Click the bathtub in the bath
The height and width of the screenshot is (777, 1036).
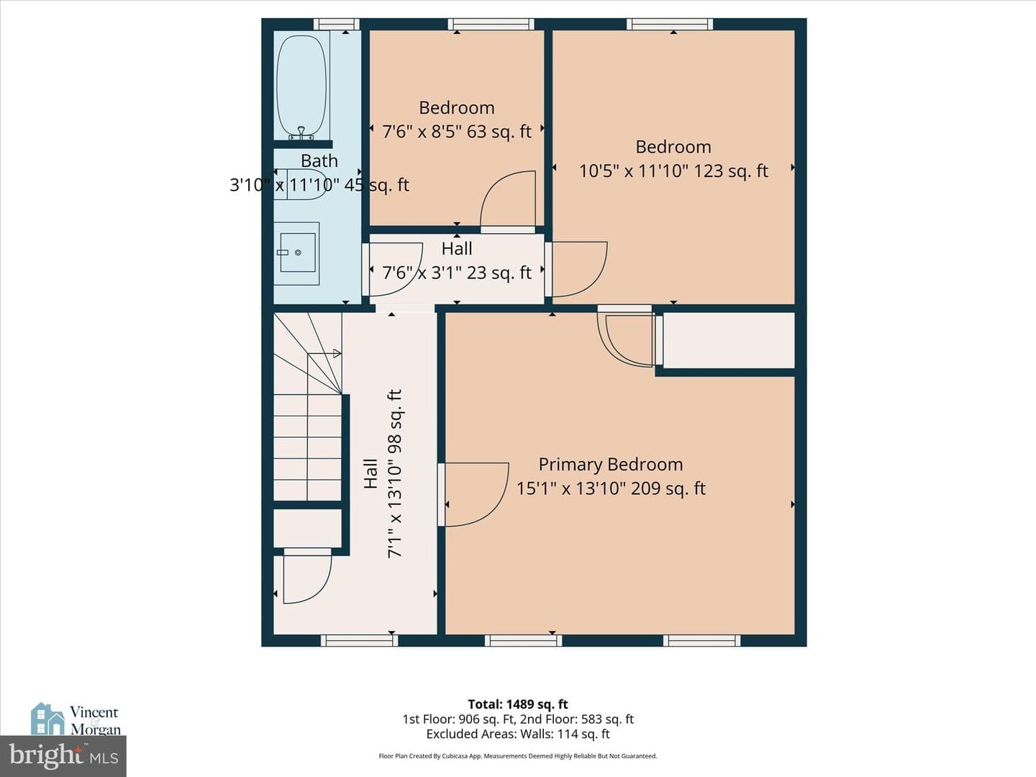(301, 86)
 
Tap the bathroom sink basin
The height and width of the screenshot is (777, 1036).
(297, 253)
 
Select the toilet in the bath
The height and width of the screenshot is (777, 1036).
(300, 184)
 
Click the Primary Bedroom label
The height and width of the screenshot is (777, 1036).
(611, 465)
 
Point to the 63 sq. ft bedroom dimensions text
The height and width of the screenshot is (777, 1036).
(457, 132)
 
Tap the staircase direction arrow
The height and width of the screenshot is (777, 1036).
(324, 353)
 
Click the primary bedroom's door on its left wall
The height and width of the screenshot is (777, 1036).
(473, 494)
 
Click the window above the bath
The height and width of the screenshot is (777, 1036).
(337, 24)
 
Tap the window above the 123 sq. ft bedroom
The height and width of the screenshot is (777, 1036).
(670, 24)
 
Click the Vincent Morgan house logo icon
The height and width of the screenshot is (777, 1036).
(47, 719)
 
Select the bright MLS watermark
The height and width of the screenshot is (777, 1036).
(63, 755)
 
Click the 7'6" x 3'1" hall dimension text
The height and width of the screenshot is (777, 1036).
(457, 273)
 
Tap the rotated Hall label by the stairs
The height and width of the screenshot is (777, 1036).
(371, 473)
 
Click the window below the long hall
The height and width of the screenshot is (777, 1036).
(360, 640)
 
